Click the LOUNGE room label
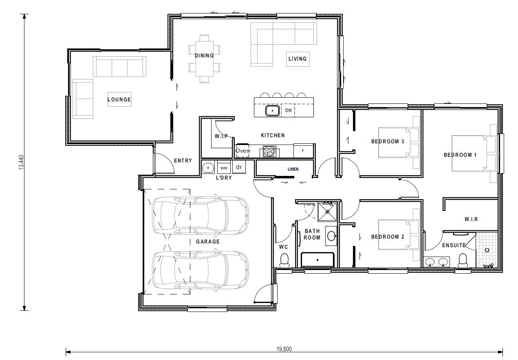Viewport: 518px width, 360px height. click(119, 99)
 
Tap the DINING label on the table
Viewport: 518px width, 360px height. click(204, 55)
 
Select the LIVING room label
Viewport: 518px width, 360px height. click(298, 59)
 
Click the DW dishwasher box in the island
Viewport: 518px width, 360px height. click(288, 110)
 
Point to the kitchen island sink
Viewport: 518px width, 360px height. click(272, 110)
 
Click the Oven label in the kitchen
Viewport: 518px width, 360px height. click(242, 151)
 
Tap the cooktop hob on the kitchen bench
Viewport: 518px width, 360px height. click(269, 151)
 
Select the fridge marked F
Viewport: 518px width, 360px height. click(303, 151)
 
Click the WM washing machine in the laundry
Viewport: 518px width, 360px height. click(224, 168)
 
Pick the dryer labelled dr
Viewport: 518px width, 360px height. click(239, 167)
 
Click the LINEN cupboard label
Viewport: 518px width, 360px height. click(293, 169)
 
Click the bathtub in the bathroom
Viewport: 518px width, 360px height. click(317, 260)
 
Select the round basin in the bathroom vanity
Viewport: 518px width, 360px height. click(332, 236)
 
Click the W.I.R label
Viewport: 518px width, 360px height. click(471, 219)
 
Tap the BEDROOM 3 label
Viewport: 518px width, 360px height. click(388, 141)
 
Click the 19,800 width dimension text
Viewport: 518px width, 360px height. click(284, 349)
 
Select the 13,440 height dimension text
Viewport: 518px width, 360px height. click(21, 162)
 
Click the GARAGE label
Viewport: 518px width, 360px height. click(208, 241)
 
